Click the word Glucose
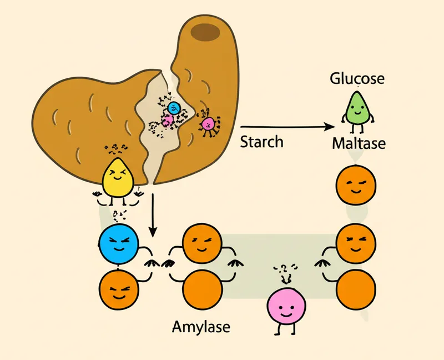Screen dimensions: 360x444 click(x=357, y=79)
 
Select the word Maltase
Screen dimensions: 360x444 click(x=359, y=143)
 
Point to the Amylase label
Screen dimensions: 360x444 click(x=201, y=326)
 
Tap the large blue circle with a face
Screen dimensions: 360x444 click(x=119, y=244)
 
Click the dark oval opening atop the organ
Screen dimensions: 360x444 click(x=206, y=33)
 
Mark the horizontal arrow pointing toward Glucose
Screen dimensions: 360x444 click(x=289, y=127)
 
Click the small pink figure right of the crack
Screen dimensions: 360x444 click(x=208, y=123)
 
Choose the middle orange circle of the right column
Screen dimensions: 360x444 click(x=357, y=242)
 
